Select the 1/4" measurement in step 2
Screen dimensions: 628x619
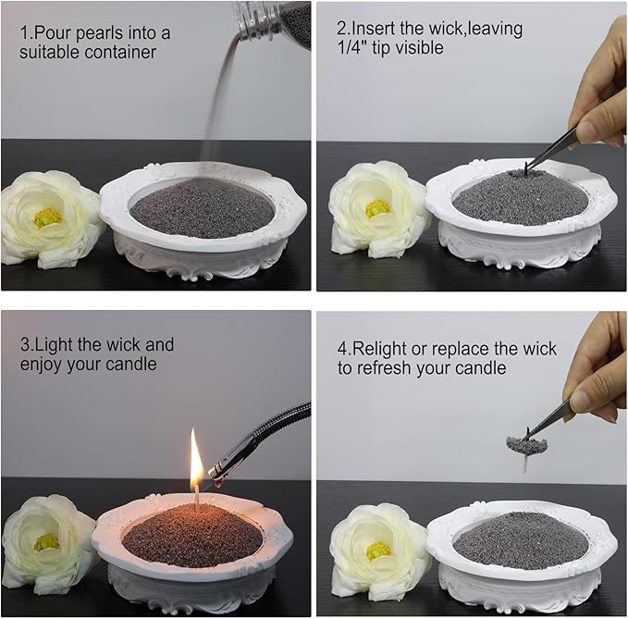pos(352,48)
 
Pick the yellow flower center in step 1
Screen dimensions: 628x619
pos(47,217)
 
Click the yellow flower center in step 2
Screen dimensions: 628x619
pos(376,208)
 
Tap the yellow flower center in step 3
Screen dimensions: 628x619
pos(46,542)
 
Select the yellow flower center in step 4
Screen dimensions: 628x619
pos(378,551)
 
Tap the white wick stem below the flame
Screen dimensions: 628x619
pos(197,500)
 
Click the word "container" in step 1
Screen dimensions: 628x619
pos(120,53)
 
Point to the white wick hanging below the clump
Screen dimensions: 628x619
pos(525,464)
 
